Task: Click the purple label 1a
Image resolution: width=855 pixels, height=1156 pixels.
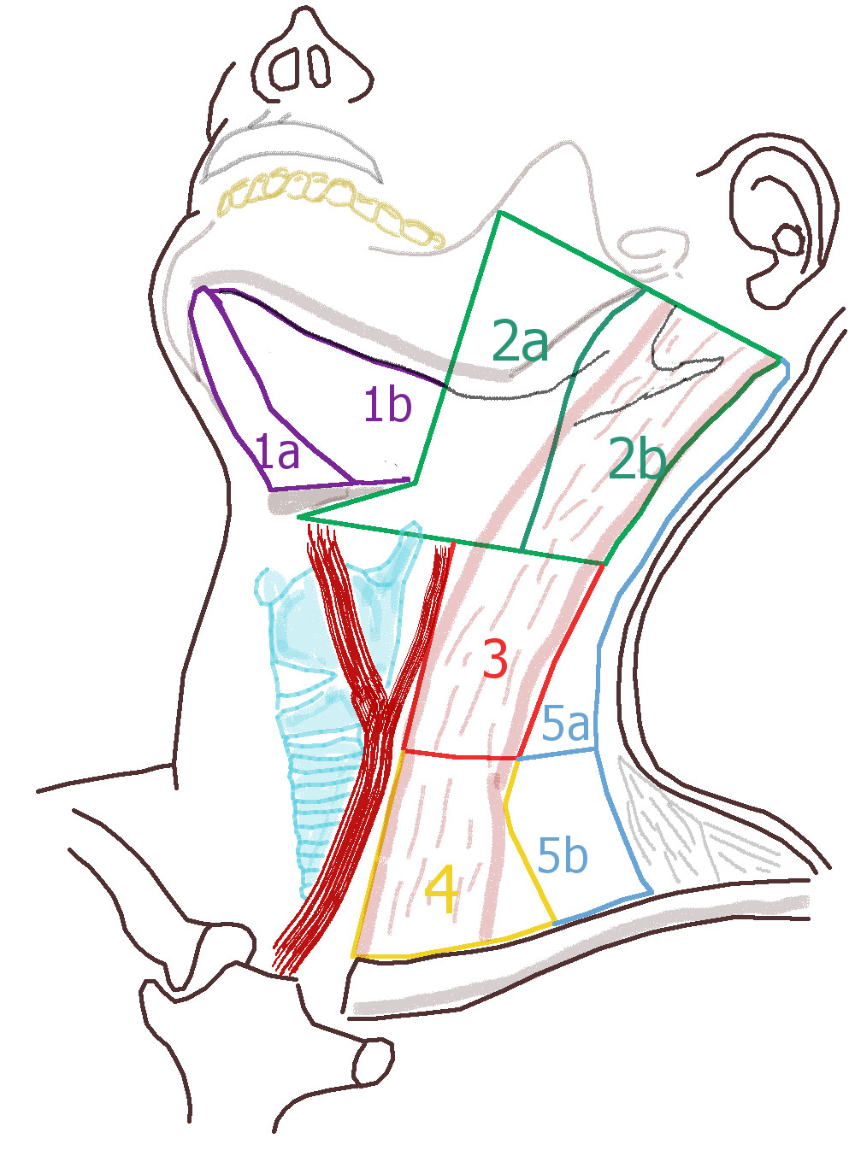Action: tap(278, 451)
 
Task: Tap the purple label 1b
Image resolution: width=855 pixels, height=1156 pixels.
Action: tap(387, 404)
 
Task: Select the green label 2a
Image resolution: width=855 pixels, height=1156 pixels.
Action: tap(520, 342)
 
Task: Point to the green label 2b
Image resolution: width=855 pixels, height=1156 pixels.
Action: tap(637, 460)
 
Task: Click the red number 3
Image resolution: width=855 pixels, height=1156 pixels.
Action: tap(496, 659)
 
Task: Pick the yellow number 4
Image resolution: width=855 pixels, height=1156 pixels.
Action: tap(442, 889)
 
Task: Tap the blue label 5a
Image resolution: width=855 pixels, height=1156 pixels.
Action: tap(566, 725)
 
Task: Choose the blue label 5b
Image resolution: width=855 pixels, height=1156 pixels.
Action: tap(563, 854)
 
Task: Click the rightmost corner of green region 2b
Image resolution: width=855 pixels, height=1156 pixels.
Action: tap(781, 359)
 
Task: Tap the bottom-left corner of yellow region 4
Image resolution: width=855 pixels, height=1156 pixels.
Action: tap(353, 955)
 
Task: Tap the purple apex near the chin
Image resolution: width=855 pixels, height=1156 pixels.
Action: tap(203, 291)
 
